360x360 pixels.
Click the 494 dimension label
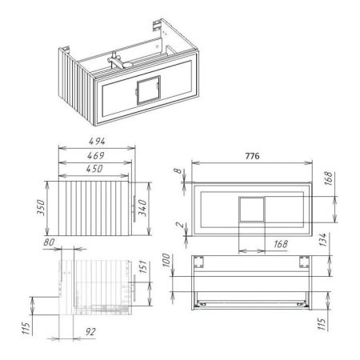tap(97, 141)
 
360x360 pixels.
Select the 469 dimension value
tap(96, 155)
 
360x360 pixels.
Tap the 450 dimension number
tap(94, 169)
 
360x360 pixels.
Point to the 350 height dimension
tap(41, 207)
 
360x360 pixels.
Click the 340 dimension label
tap(142, 208)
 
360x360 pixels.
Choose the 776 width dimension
tap(252, 156)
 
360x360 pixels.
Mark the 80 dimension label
tap(49, 242)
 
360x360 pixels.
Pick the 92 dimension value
tap(90, 332)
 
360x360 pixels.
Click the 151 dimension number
tap(143, 267)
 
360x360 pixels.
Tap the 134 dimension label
tap(322, 239)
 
